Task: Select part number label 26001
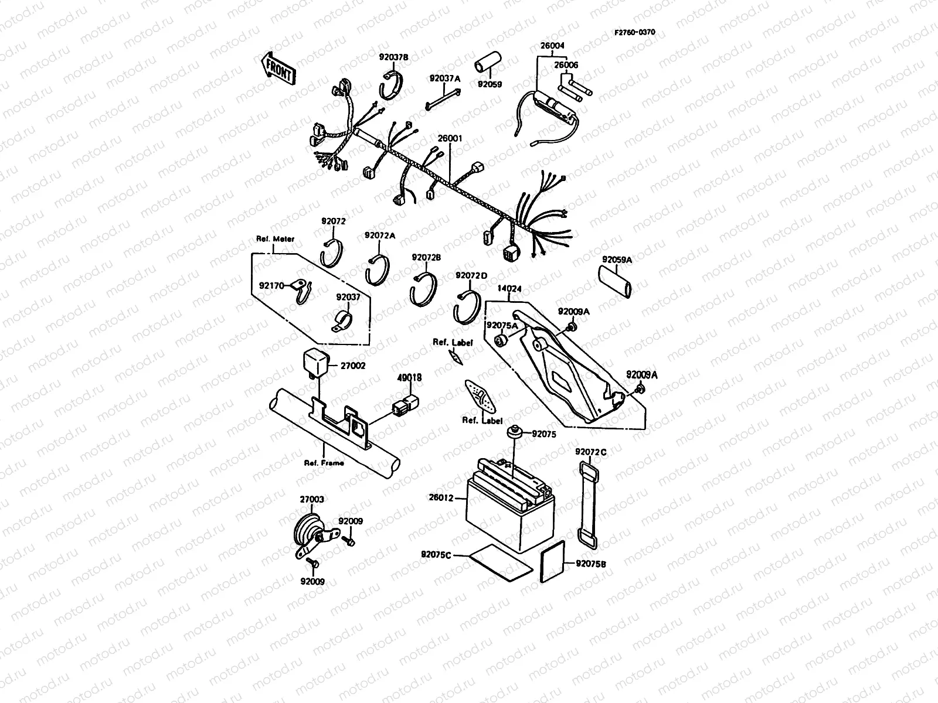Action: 450,139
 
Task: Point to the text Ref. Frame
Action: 324,462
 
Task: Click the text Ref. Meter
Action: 275,238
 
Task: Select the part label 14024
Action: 509,289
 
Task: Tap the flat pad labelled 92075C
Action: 499,561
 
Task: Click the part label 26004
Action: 552,45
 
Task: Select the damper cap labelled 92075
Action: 515,431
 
